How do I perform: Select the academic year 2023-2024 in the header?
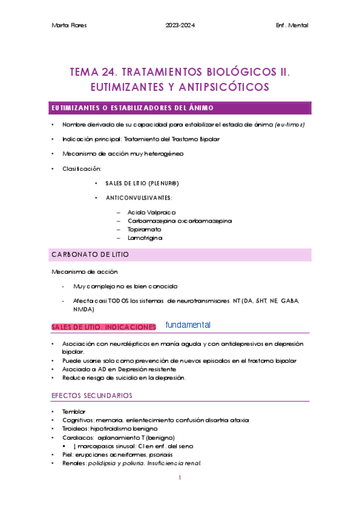180,25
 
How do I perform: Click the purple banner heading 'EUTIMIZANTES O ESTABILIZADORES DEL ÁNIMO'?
132,108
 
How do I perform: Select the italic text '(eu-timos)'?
290,124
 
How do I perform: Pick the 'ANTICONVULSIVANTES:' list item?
139,198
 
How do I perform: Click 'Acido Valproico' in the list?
151,212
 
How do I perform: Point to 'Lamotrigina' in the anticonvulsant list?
145,238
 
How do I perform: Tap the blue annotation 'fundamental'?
188,325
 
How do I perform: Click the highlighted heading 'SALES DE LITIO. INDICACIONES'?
103,327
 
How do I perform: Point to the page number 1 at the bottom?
180,478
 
